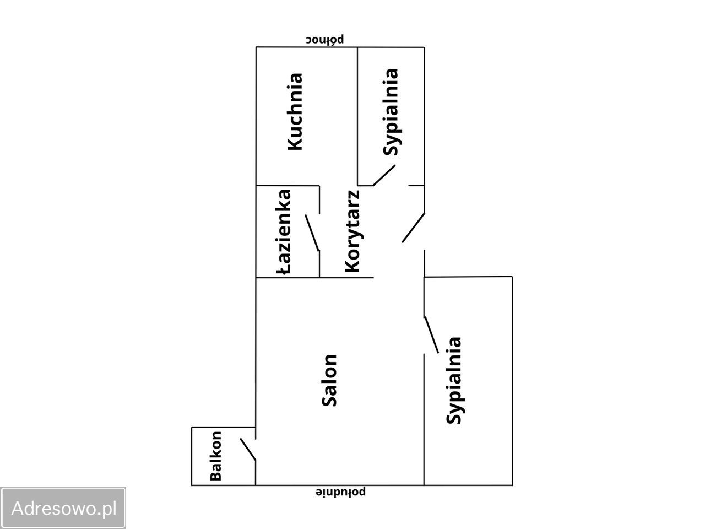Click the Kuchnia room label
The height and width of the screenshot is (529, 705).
[295, 111]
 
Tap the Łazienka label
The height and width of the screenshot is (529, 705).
[284, 232]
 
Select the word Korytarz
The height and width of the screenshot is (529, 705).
[352, 231]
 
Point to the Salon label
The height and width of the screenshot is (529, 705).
[329, 380]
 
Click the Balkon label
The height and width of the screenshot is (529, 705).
[215, 456]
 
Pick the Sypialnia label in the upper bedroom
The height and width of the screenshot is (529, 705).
[391, 112]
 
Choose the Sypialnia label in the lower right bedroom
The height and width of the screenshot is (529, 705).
[454, 380]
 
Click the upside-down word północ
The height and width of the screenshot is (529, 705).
[325, 40]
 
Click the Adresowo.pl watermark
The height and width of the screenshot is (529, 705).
[63, 508]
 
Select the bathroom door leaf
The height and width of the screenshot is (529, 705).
[312, 233]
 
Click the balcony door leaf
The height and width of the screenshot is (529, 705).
[248, 449]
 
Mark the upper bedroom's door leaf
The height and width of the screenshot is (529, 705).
[384, 175]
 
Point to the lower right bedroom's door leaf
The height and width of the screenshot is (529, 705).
[431, 335]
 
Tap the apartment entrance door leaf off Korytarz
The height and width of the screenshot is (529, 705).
[414, 228]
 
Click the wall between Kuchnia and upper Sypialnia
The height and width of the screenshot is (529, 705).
[358, 116]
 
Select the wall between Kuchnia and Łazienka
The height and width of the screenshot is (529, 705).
[288, 186]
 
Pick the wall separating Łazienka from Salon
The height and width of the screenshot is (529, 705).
[288, 278]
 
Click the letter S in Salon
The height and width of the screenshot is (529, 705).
[329, 401]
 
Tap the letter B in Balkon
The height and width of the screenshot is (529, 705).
[215, 476]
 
